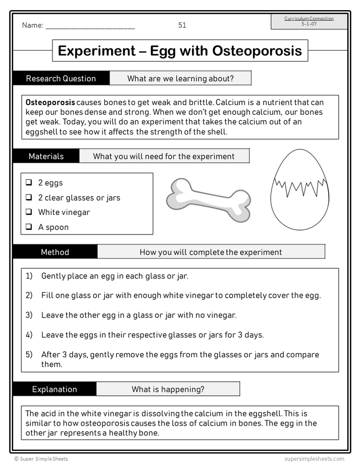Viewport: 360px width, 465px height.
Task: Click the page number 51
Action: (182, 25)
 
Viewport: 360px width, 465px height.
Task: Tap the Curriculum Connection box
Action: (309, 21)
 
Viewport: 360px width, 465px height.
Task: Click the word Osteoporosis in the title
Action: (257, 51)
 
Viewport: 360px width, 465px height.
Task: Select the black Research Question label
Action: (61, 78)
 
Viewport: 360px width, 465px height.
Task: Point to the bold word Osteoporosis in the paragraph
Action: (50, 103)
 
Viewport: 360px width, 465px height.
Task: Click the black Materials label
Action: (46, 156)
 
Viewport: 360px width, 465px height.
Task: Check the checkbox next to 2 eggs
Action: (29, 182)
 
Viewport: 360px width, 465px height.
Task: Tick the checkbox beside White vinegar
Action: (29, 212)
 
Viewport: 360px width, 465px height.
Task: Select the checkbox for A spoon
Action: (29, 227)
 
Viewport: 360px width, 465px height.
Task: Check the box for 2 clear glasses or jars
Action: (29, 197)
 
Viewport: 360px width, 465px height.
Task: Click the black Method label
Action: (55, 252)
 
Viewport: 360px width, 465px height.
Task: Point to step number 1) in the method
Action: (29, 276)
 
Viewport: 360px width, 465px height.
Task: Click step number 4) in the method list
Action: (29, 335)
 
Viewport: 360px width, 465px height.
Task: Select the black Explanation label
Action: (55, 389)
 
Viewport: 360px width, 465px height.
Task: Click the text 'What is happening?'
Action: (168, 389)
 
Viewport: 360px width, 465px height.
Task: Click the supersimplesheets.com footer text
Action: (314, 459)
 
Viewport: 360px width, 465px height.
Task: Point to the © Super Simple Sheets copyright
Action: (41, 459)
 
